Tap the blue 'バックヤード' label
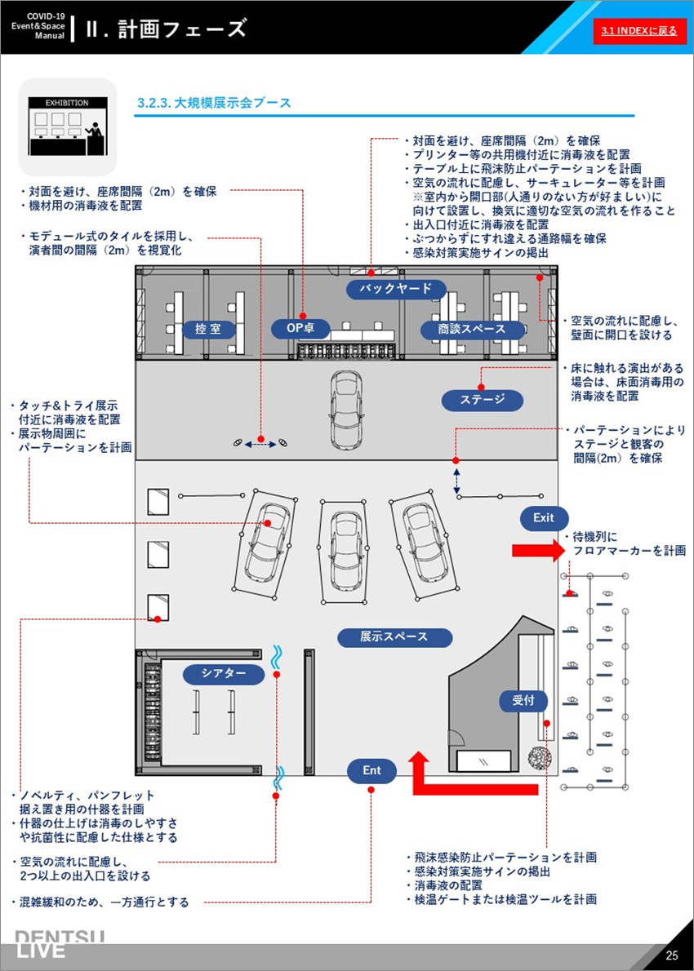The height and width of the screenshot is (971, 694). coord(395,288)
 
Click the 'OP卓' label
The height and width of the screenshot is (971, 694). coord(300,330)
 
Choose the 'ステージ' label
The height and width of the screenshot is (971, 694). coord(483,401)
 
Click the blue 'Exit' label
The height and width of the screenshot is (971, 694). coord(543,518)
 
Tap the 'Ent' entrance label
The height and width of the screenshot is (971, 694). coord(371,770)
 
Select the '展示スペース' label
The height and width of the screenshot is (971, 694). coord(394,636)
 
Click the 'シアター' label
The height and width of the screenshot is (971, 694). coord(224,673)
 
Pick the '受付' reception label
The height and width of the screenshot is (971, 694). coord(523,700)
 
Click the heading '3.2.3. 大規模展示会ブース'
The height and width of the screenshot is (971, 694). coord(215,104)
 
